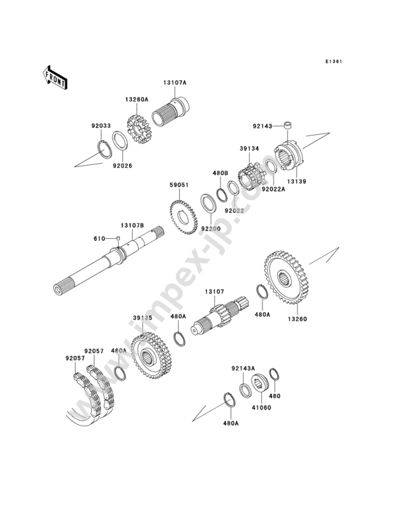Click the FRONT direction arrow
55,78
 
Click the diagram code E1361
334,61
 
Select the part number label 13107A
175,83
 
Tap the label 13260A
136,99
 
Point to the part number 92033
101,126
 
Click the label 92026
123,166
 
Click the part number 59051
179,185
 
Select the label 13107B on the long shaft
133,225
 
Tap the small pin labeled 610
119,238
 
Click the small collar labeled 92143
288,125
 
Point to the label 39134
249,149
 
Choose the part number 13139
297,181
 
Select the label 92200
211,228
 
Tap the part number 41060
260,408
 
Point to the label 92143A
243,368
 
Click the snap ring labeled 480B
222,192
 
